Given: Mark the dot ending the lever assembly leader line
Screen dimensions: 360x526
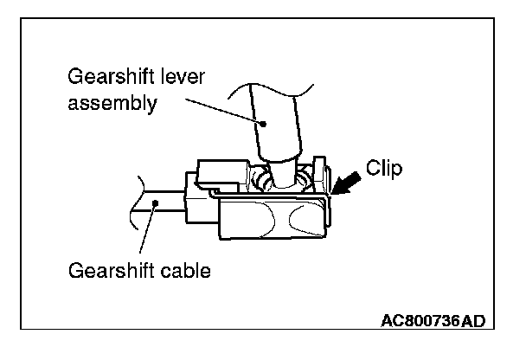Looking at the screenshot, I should click(266, 125).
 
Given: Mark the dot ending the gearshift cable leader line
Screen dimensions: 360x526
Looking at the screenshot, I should click(156, 203).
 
